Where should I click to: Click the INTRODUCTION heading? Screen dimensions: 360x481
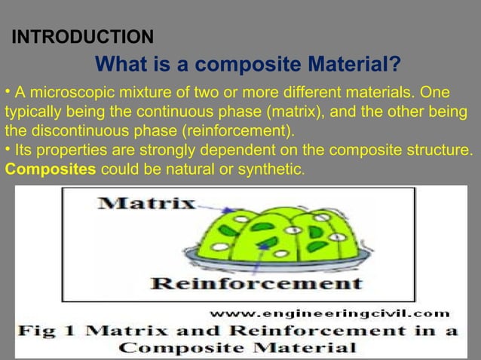(x=83, y=36)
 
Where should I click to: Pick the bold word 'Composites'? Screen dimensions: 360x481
(x=51, y=168)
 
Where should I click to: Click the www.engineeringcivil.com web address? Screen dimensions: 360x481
(x=329, y=312)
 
